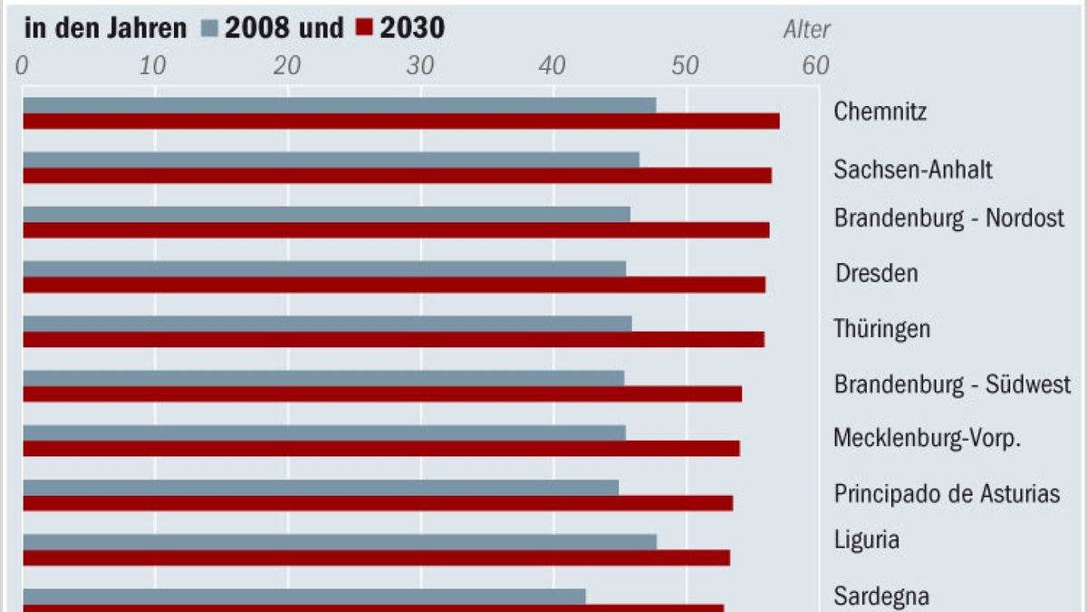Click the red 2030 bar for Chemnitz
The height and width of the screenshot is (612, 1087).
click(400, 121)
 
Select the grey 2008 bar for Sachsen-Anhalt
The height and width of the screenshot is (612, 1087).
click(331, 160)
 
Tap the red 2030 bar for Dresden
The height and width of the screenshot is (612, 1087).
click(394, 285)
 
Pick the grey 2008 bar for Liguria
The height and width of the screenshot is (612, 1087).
click(340, 541)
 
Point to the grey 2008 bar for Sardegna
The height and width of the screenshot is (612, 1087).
click(303, 596)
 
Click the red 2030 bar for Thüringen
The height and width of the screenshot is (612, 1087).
click(393, 339)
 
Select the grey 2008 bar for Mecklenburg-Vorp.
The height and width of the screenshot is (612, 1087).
click(323, 432)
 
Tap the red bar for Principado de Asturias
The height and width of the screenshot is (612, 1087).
click(378, 503)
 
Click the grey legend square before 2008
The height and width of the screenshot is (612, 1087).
click(209, 29)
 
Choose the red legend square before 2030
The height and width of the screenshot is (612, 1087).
click(364, 29)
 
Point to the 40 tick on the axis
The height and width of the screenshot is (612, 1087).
click(553, 65)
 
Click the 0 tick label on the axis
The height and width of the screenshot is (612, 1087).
click(24, 65)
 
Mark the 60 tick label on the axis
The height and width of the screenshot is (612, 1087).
click(815, 65)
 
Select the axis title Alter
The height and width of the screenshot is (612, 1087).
click(806, 30)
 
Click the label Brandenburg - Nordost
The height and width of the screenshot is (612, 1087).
click(948, 219)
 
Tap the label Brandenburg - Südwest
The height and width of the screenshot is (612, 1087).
click(952, 384)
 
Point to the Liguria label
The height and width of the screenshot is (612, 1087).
click(866, 540)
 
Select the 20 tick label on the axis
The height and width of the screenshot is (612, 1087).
click(288, 65)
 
